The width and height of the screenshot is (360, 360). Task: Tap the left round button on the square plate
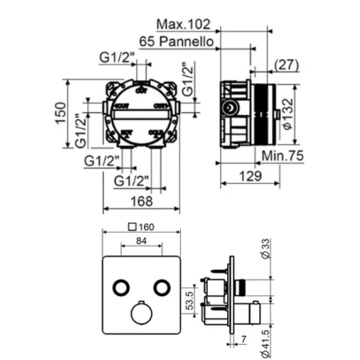point(122,286)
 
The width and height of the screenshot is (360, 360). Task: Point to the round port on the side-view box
point(231,107)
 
